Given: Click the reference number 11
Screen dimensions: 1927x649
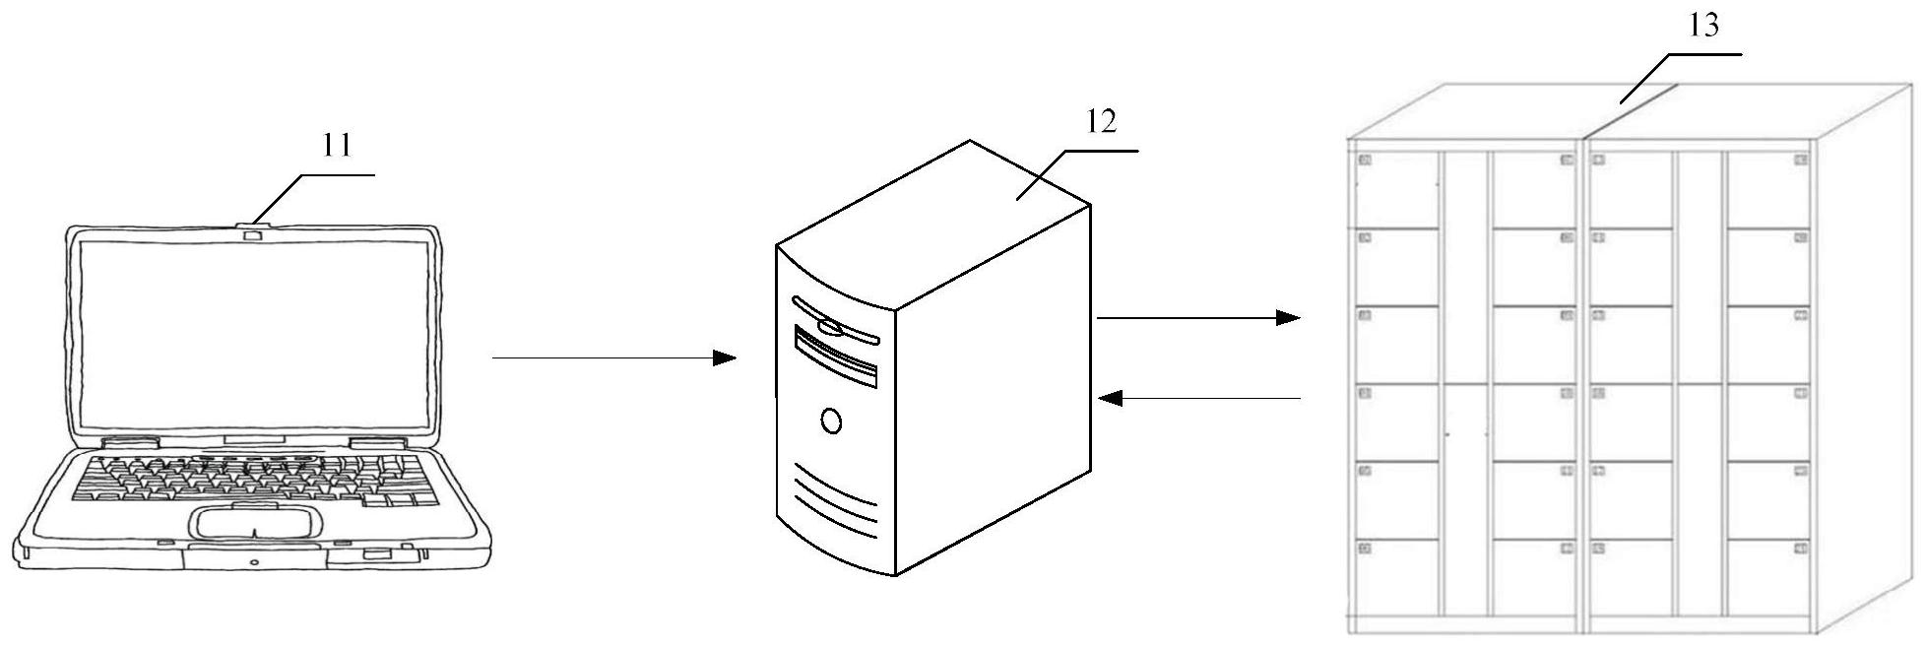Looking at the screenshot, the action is (337, 146).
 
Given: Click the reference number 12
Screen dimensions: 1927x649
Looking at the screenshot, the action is (1101, 122).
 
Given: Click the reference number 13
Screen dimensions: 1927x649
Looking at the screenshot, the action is (1703, 25).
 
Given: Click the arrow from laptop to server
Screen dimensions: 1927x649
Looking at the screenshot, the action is (614, 358).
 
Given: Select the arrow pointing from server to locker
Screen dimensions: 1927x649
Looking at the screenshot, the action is (1198, 317).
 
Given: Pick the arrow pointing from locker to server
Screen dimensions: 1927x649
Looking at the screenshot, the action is (1199, 398).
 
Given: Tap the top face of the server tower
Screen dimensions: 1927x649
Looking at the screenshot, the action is (933, 225).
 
